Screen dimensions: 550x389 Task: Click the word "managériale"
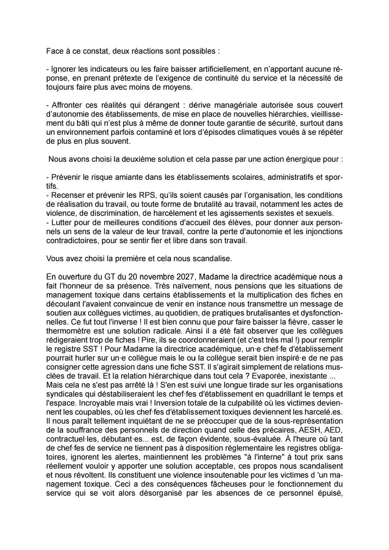coord(235,105)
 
